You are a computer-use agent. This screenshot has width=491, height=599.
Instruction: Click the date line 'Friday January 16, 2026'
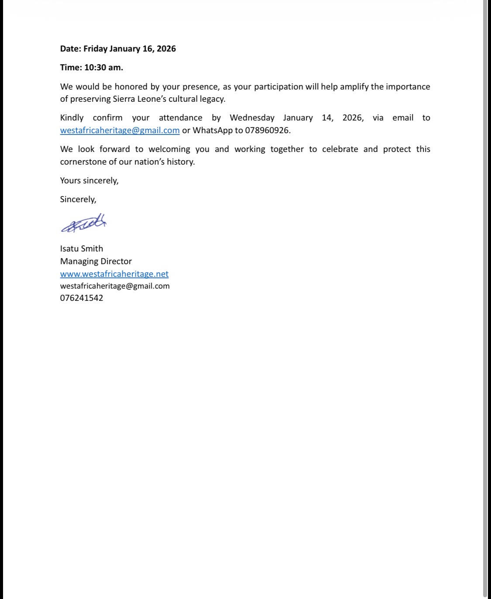tap(130, 48)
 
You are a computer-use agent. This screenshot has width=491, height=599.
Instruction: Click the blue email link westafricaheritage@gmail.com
tap(120, 130)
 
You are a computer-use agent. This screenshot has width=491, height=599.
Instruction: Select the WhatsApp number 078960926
tap(267, 130)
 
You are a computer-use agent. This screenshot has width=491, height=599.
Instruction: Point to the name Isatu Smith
tap(82, 248)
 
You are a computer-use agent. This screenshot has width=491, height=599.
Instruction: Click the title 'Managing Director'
tap(96, 261)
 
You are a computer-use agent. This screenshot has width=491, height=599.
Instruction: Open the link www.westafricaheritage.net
tap(114, 274)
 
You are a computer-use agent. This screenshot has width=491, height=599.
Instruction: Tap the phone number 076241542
tap(82, 298)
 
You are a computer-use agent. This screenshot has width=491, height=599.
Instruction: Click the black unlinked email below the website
tap(115, 286)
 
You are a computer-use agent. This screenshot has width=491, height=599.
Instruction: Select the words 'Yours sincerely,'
tap(89, 180)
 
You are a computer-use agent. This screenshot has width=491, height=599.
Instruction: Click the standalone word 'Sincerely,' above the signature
tap(78, 199)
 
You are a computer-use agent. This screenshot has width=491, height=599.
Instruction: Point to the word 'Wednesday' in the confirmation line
tap(252, 117)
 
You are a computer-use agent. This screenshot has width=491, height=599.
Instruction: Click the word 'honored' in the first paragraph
tap(131, 86)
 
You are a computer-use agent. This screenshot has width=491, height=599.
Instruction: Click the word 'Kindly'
tap(72, 117)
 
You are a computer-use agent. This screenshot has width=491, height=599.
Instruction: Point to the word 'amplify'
tap(354, 86)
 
